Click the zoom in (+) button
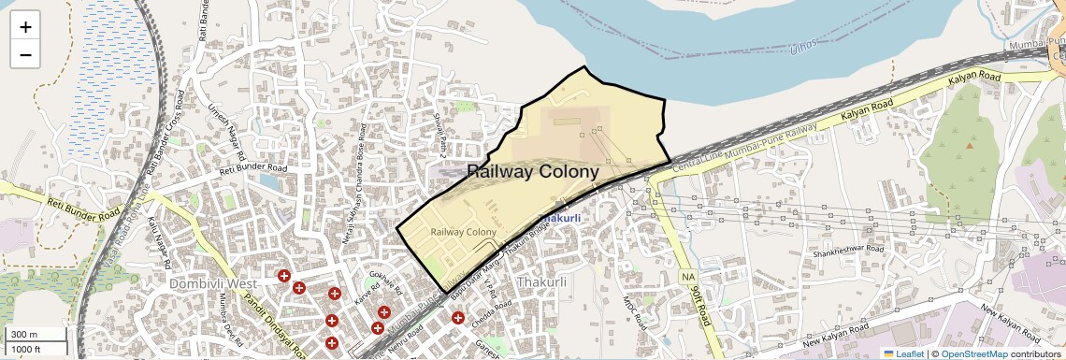[x=25, y=27]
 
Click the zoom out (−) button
[x=25, y=55]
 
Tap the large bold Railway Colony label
[x=532, y=172]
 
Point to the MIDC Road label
[x=635, y=312]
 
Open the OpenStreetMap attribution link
[x=974, y=353]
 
